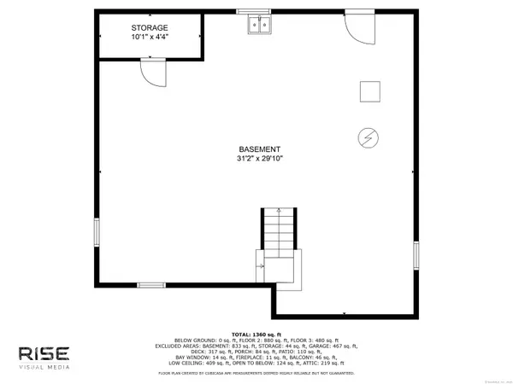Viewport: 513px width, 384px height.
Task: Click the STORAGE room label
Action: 150,27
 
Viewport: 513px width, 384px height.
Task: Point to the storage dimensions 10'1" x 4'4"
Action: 150,38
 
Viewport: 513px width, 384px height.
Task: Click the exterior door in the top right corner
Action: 360,27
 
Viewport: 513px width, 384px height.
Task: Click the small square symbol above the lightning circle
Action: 369,91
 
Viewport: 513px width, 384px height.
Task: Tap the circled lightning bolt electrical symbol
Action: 369,137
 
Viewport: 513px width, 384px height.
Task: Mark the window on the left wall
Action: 96,235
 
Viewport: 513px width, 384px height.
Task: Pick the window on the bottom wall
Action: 151,284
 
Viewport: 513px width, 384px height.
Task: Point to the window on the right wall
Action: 417,253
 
